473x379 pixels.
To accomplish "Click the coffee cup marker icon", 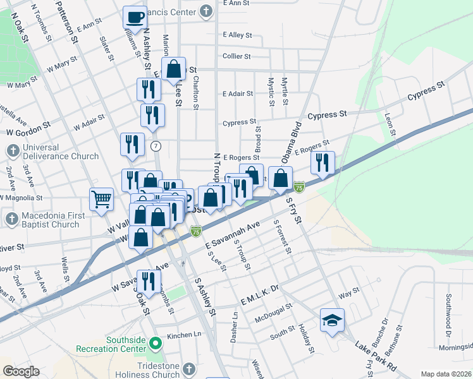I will click(135, 16).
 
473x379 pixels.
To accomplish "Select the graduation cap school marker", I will click(331, 320).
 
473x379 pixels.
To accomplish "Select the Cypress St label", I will click(328, 115).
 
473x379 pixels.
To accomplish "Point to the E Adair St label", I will click(238, 93).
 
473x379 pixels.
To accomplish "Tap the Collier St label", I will click(237, 56).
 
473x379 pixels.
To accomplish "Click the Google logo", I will click(21, 371).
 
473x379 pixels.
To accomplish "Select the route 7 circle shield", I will click(156, 147).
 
